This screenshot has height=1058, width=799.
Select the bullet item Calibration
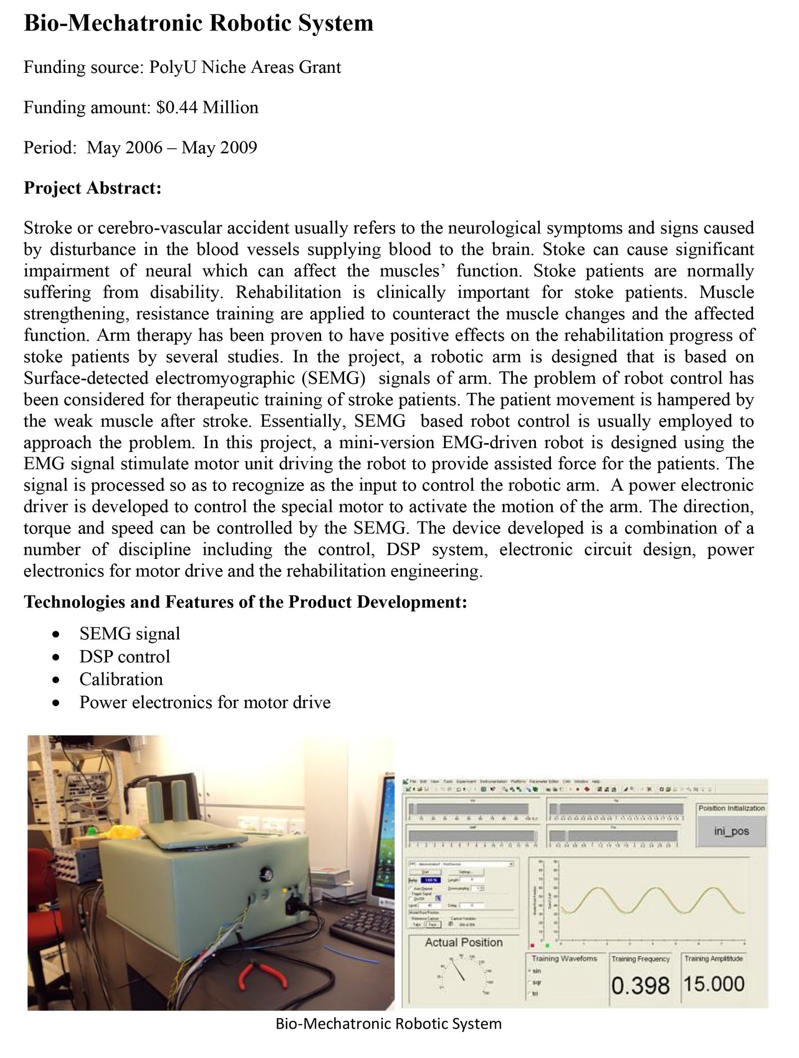click(121, 679)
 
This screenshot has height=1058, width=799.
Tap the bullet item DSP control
click(125, 656)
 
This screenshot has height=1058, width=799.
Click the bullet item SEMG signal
click(130, 633)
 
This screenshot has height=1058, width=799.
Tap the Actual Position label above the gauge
click(463, 942)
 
